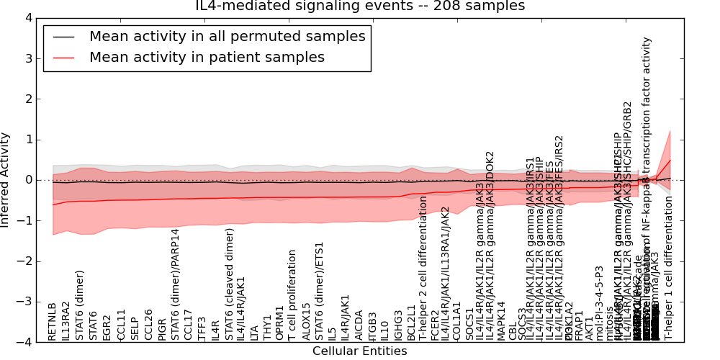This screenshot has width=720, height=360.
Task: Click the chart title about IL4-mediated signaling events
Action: tap(360, 6)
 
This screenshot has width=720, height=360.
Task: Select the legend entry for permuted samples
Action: tap(227, 37)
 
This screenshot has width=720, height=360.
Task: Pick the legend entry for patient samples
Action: tap(207, 58)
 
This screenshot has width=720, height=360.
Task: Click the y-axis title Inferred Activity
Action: tap(6, 180)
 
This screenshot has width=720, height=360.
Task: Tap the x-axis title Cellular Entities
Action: tap(359, 351)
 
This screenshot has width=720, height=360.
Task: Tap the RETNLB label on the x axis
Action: tap(53, 322)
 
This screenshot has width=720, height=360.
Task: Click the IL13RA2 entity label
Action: tap(66, 320)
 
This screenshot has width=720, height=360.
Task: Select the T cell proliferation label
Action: tap(292, 295)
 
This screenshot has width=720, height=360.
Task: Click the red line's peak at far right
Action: tap(670, 160)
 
